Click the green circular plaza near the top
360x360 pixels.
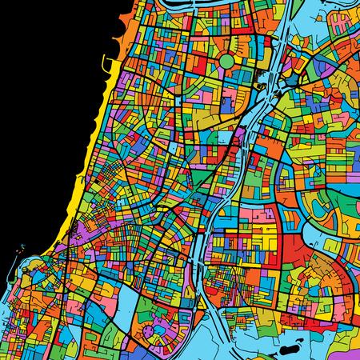point(227,61)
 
